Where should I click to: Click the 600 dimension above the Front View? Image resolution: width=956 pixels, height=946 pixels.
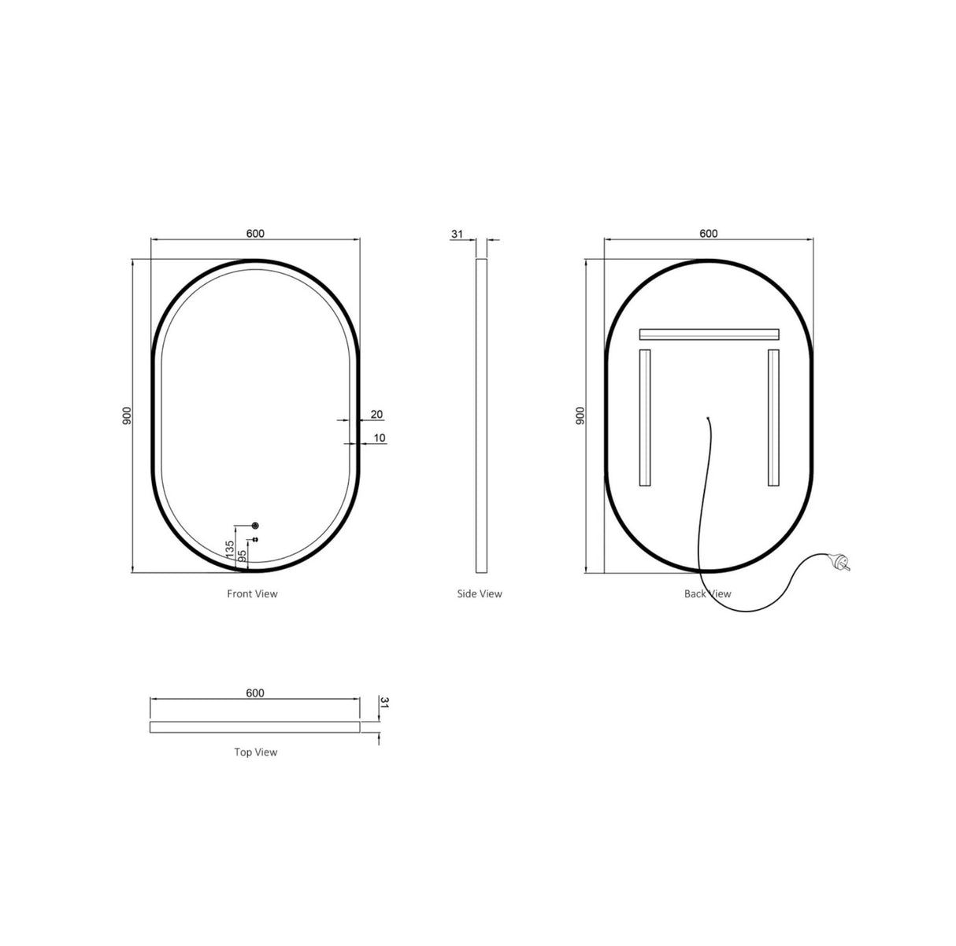coord(255,233)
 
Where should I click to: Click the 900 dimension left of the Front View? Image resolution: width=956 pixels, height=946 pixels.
coord(126,416)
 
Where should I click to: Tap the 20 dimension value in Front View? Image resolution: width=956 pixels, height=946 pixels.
coord(376,414)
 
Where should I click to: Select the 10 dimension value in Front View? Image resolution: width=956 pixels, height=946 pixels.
coord(380,438)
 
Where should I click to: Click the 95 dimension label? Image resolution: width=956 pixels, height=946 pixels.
coord(243,556)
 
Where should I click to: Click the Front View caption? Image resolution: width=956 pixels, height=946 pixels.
coord(252,593)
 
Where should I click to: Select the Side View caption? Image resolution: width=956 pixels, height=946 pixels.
coord(480,593)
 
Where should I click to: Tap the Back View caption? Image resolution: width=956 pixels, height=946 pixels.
coord(707,593)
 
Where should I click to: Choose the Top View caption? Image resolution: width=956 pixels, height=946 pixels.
coord(255,752)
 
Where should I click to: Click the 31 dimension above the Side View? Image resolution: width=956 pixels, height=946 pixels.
coord(458,234)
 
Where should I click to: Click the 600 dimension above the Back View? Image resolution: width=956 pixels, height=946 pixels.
coord(708,233)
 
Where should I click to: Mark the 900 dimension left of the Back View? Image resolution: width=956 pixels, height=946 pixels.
coord(580,416)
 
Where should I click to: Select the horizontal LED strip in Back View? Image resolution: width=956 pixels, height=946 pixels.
coord(709,334)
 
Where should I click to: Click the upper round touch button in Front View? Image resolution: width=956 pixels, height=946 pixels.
coord(254,526)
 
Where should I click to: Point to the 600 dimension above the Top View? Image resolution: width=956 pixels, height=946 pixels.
coord(255,693)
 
